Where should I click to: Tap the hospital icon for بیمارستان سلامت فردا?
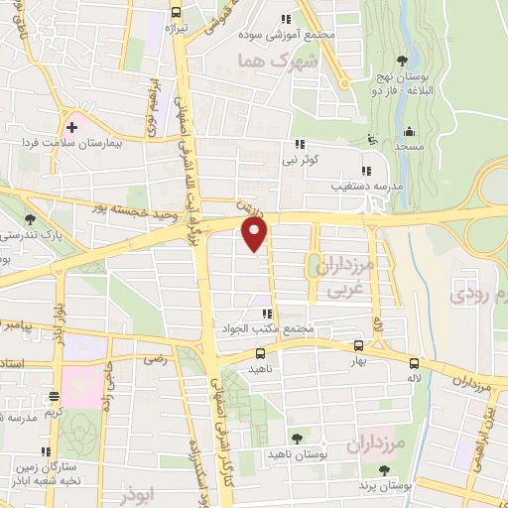pos(71,128)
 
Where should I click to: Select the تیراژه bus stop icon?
pos(176,13)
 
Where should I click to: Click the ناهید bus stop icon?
pos(260,352)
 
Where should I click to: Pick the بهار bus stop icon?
pos(359,346)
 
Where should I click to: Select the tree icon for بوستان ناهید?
pos(296,438)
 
